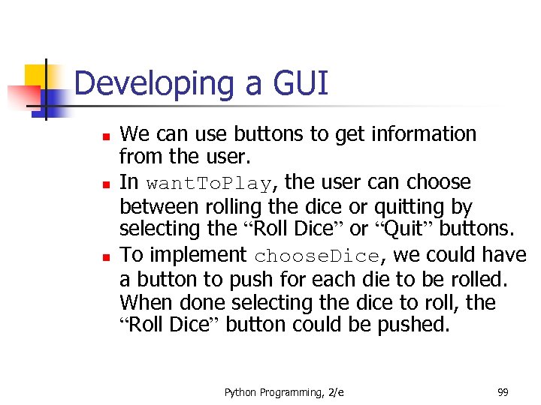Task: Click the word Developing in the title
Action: [154, 84]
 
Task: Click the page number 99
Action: [503, 391]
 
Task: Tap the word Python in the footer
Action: [241, 391]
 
